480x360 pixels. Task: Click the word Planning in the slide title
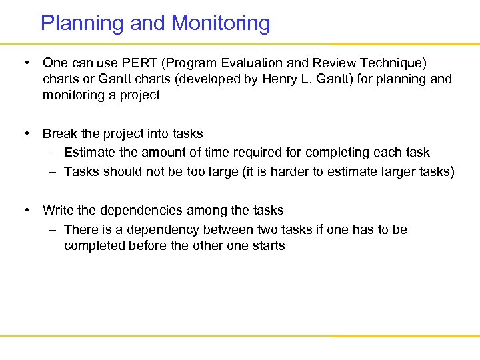83,23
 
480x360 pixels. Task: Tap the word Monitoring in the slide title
221,23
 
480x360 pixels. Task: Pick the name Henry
281,79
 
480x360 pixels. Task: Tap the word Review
319,63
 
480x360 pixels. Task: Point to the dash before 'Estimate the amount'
51,153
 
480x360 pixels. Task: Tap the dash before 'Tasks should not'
51,172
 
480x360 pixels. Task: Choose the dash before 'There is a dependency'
51,230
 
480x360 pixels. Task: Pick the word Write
59,211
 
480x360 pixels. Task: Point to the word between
230,230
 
